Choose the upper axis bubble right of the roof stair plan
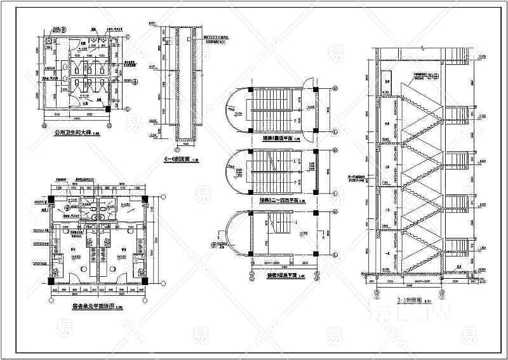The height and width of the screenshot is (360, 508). (334, 88)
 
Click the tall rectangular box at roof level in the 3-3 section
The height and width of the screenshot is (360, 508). (386, 83)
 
